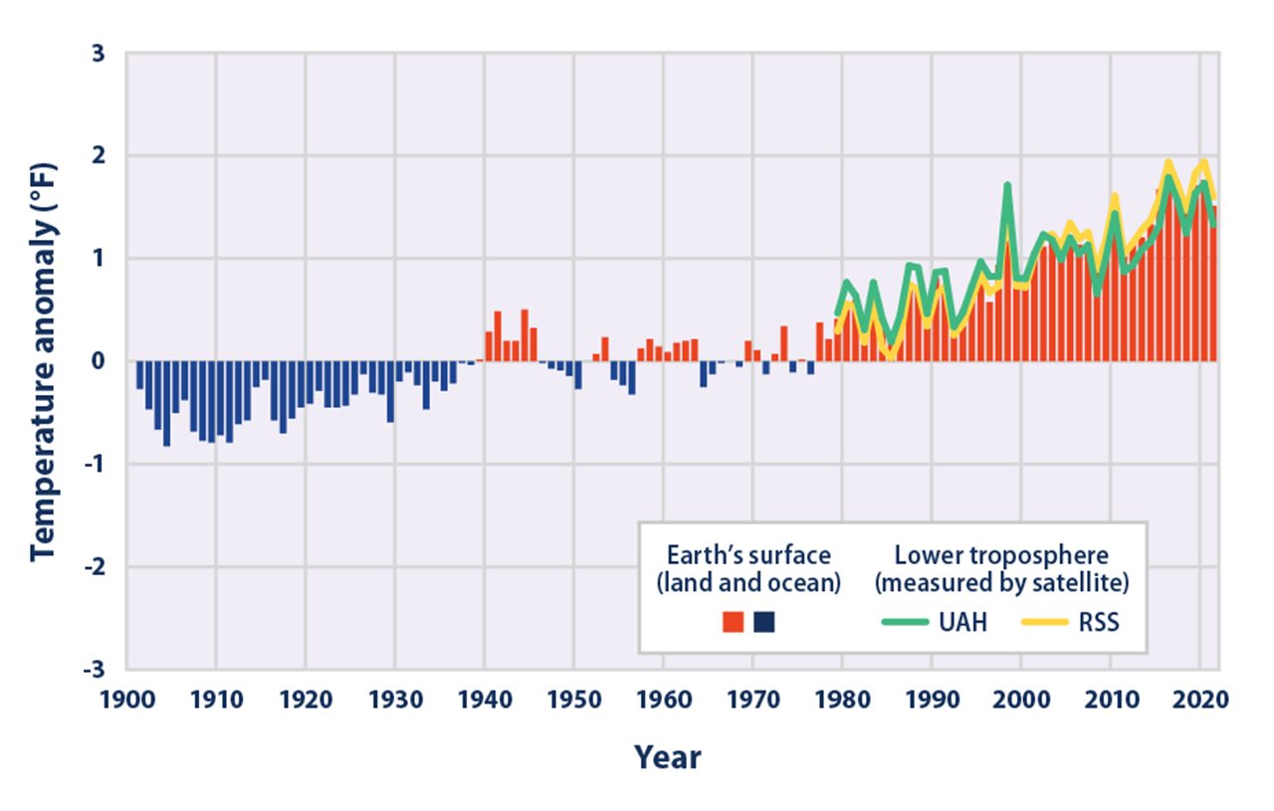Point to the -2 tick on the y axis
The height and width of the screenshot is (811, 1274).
pyautogui.click(x=94, y=566)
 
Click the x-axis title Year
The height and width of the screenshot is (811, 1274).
pyautogui.click(x=668, y=758)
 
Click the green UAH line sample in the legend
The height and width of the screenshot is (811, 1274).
pyautogui.click(x=906, y=623)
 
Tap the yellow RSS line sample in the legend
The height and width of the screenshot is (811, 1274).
pyautogui.click(x=1046, y=623)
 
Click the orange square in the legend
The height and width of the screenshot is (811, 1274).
pyautogui.click(x=734, y=623)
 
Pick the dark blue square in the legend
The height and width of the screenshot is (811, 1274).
pyautogui.click(x=764, y=623)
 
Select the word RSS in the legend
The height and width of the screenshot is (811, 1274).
pyautogui.click(x=1097, y=623)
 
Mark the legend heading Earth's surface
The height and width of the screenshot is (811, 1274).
pyautogui.click(x=748, y=555)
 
